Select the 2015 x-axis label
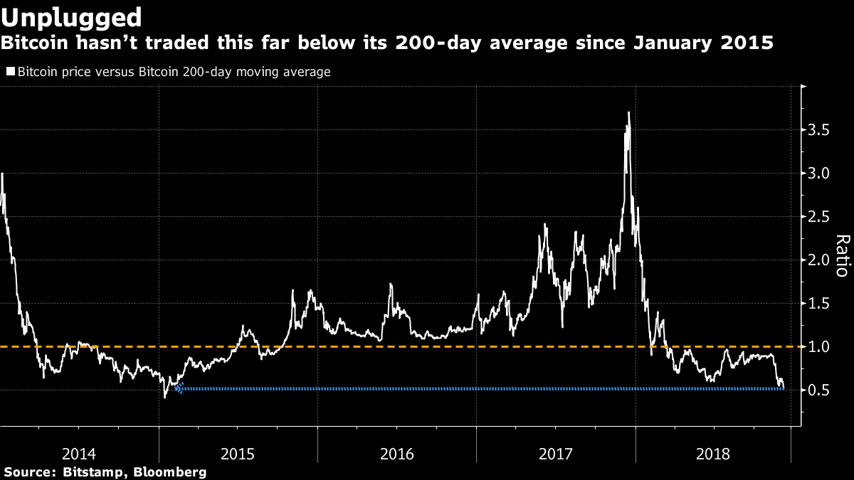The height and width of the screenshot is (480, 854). click(x=238, y=452)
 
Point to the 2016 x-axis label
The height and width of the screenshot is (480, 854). click(x=397, y=452)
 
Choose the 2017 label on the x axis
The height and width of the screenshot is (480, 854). click(x=556, y=452)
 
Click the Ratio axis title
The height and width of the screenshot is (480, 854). click(x=842, y=255)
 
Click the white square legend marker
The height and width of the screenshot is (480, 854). click(x=10, y=72)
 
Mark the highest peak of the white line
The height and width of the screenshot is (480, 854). click(x=628, y=112)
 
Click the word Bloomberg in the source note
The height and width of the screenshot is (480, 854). click(x=171, y=472)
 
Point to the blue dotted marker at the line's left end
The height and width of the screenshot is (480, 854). click(x=179, y=388)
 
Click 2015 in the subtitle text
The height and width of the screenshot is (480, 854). click(x=748, y=43)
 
